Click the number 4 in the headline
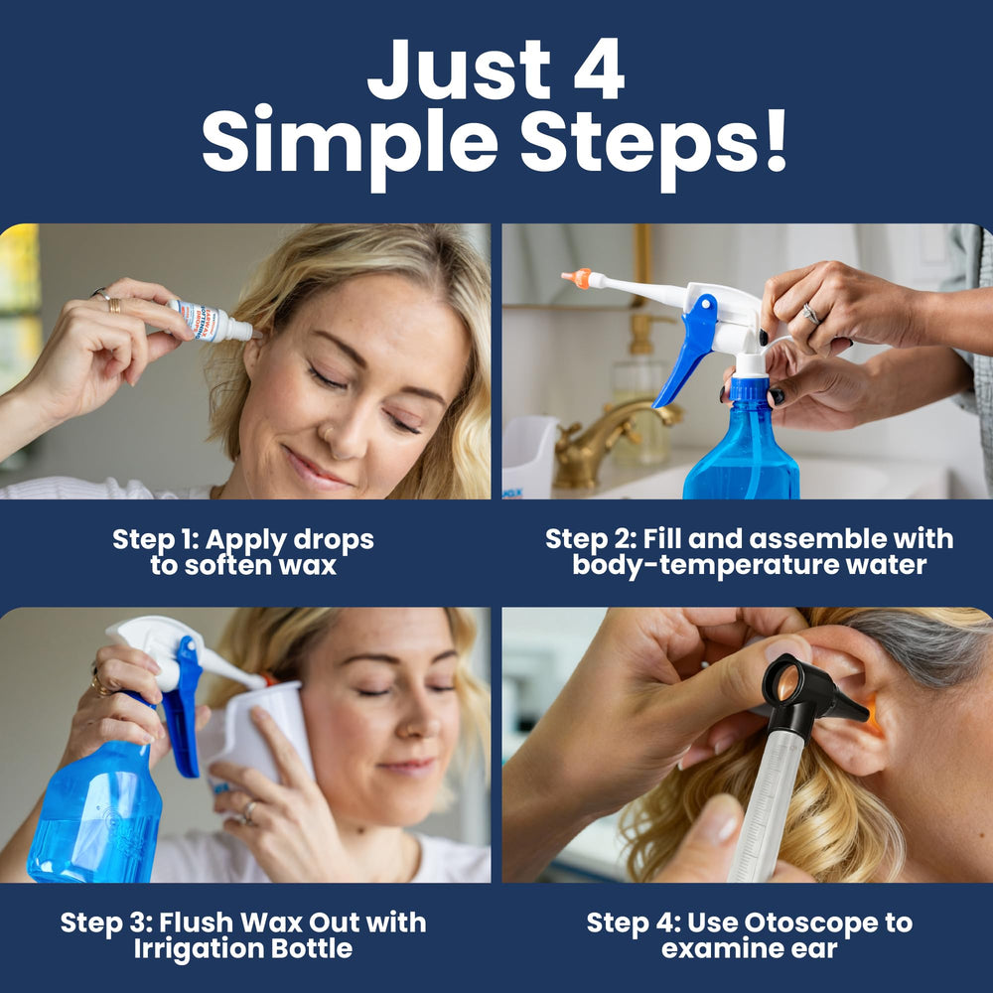[x=599, y=70]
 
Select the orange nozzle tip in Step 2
[x=577, y=278]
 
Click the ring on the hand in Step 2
[x=811, y=314]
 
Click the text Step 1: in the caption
[x=156, y=540]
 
